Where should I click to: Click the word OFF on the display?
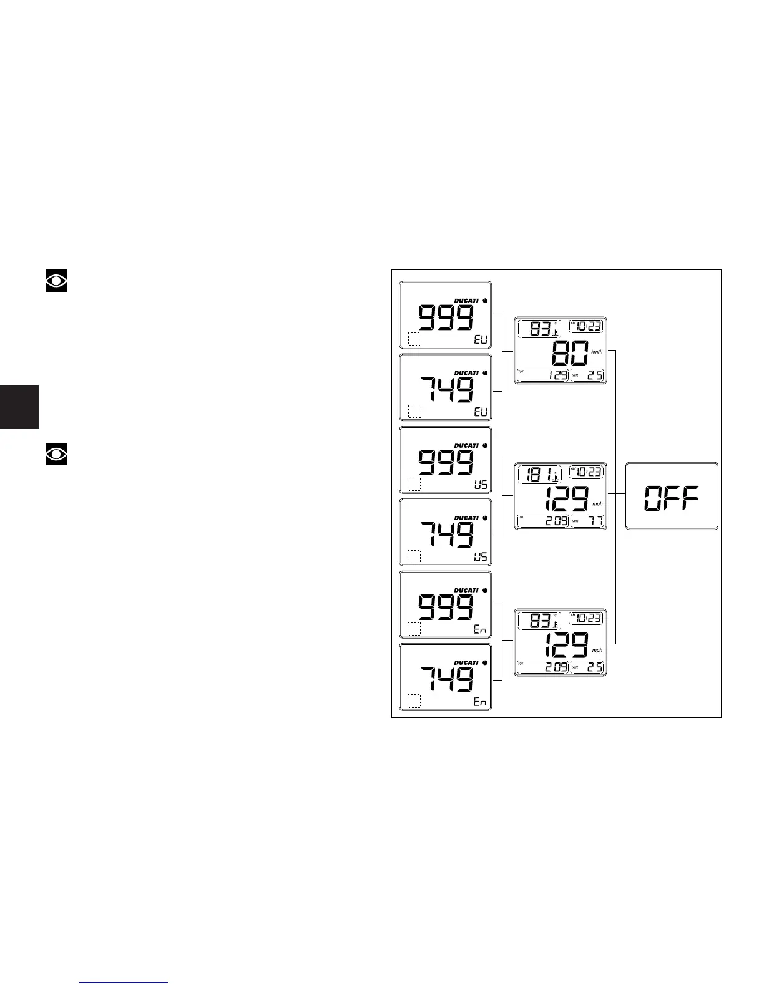[x=672, y=498]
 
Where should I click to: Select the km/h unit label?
[x=597, y=352]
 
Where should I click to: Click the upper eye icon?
[x=56, y=281]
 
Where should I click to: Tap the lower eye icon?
[x=56, y=454]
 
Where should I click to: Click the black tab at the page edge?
[x=19, y=407]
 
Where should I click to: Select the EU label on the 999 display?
[x=481, y=340]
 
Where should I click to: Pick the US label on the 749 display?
[x=481, y=557]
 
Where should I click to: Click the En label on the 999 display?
[x=479, y=629]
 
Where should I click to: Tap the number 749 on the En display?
[x=446, y=679]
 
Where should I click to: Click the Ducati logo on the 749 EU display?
[x=466, y=373]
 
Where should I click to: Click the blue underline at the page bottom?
[x=125, y=983]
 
